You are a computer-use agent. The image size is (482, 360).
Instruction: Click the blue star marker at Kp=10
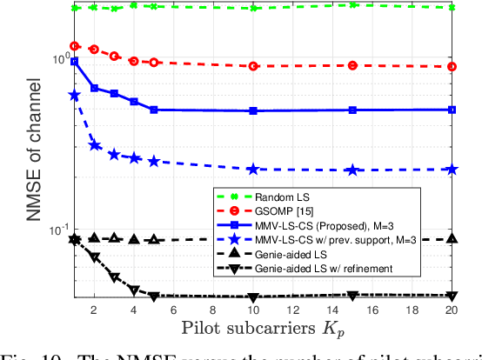pyautogui.click(x=253, y=170)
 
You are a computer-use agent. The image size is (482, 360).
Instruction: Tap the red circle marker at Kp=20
pyautogui.click(x=452, y=67)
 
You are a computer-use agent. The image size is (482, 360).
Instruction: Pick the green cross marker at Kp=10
pyautogui.click(x=253, y=8)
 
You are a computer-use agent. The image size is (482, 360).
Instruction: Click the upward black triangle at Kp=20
pyautogui.click(x=452, y=239)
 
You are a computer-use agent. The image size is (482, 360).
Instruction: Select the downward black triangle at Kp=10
pyautogui.click(x=253, y=297)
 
